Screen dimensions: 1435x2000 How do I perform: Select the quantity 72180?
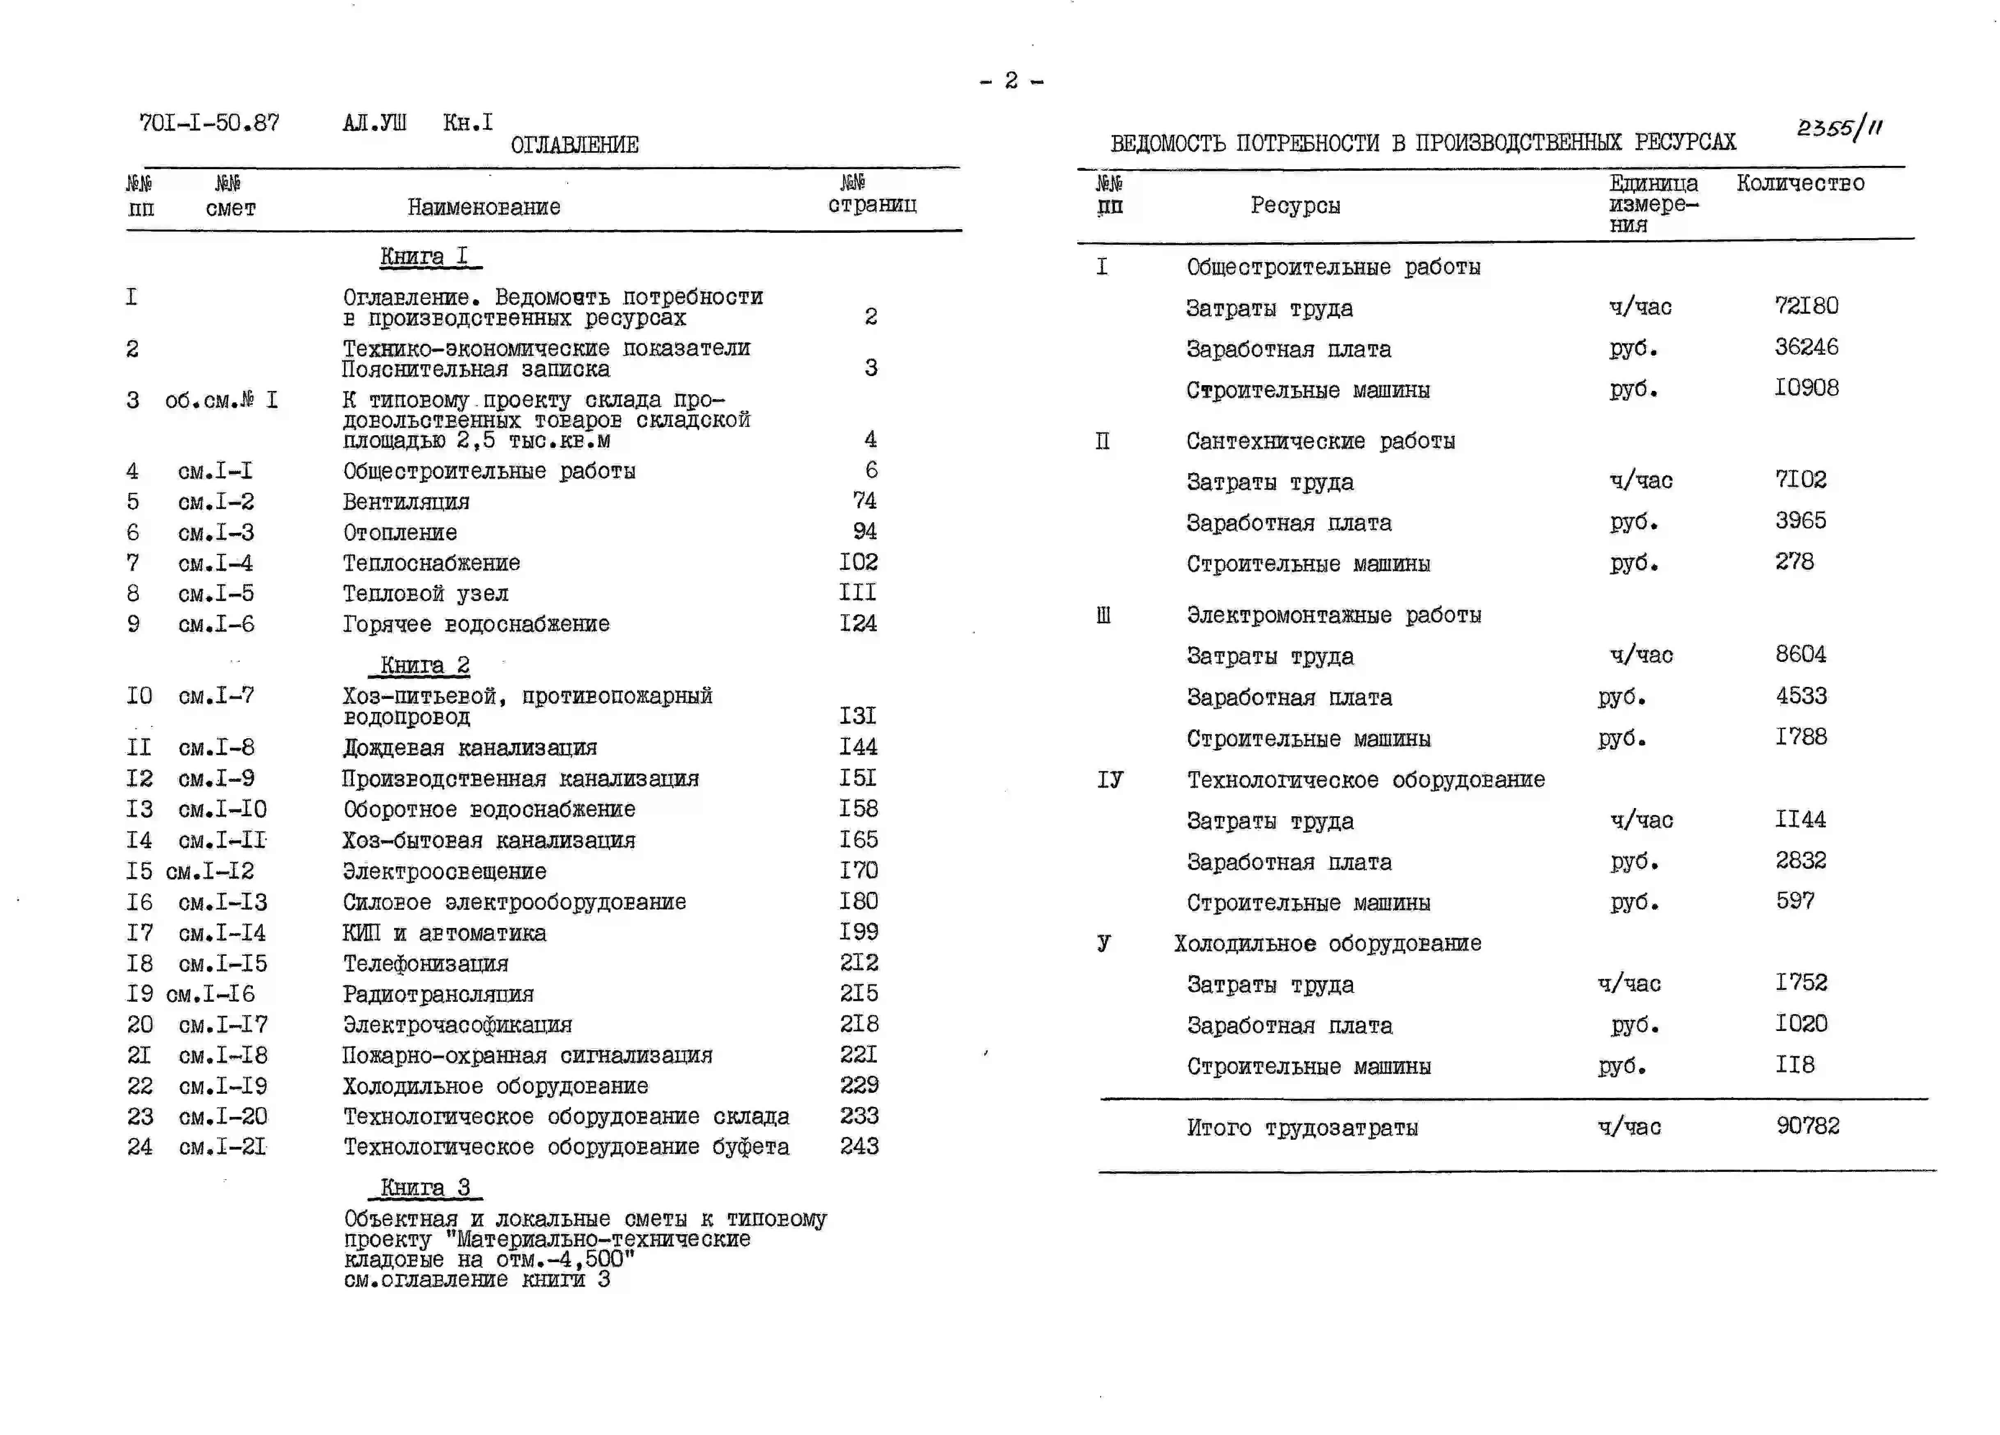1806,306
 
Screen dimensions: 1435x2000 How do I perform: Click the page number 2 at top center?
1011,81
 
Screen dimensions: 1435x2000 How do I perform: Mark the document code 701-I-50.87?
209,123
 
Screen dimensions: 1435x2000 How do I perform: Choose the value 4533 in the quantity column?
1801,696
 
